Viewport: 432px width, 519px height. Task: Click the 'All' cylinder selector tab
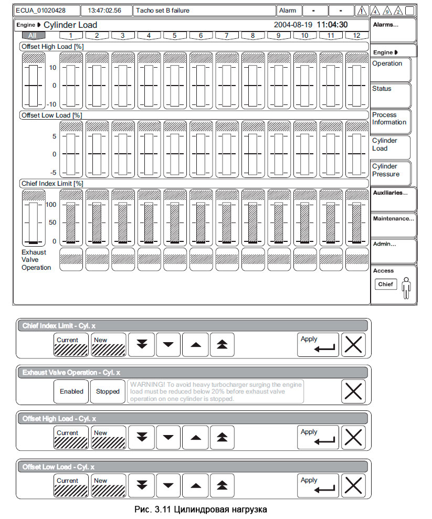33,36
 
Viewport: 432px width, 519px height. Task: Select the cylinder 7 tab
226,36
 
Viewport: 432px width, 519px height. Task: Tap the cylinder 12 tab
357,36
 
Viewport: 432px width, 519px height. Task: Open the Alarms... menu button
393,30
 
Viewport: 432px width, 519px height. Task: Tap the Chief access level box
385,284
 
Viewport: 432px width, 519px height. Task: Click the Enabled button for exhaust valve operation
71,391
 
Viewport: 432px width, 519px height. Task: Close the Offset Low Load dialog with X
353,485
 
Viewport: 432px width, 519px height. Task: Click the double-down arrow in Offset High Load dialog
142,438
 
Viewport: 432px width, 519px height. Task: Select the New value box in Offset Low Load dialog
108,485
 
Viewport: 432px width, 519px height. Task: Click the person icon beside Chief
406,288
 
